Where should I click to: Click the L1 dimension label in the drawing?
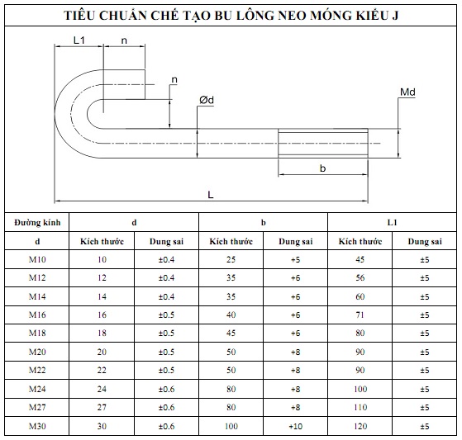pos(79,40)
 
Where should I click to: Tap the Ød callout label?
pos(207,100)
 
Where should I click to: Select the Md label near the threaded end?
pos(407,92)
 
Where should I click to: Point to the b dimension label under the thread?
pos(322,168)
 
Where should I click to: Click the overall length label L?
pos(211,195)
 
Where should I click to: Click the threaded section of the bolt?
pos(323,143)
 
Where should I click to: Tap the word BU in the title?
pos(223,16)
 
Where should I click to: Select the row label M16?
pos(37,315)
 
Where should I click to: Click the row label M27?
pos(37,407)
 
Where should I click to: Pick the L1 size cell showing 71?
pos(360,315)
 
